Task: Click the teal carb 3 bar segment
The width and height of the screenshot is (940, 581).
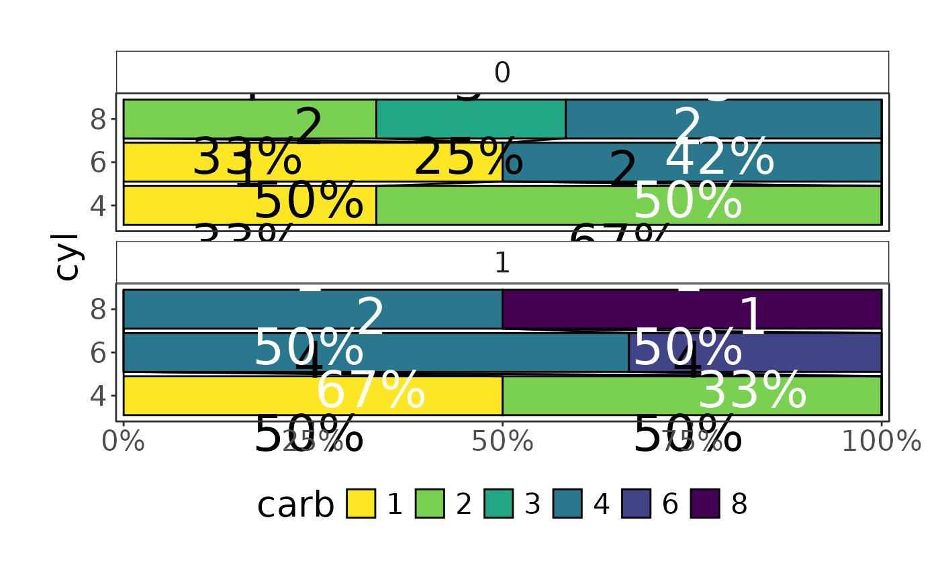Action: click(470, 119)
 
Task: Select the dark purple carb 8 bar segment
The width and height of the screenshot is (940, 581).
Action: click(692, 309)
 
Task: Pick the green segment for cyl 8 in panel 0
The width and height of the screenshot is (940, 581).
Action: click(249, 119)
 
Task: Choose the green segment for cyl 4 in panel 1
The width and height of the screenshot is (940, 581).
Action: click(692, 395)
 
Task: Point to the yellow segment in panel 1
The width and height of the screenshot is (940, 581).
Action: click(312, 395)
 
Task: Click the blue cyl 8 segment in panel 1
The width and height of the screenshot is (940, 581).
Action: click(312, 309)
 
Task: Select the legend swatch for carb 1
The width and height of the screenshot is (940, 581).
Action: click(361, 504)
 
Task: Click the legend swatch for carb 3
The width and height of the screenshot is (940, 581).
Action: click(498, 504)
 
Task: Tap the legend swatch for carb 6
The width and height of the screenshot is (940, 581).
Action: click(636, 504)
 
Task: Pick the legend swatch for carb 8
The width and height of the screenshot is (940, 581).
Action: click(705, 504)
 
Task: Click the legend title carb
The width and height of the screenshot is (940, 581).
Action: click(295, 505)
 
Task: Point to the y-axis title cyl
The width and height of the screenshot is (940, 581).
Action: click(66, 256)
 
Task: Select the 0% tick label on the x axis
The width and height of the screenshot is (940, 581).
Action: click(124, 442)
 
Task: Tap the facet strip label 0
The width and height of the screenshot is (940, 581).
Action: click(502, 72)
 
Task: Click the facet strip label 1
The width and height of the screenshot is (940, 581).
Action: click(502, 263)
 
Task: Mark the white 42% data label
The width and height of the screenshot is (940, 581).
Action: click(719, 158)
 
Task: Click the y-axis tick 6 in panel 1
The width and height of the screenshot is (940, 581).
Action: click(98, 353)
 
